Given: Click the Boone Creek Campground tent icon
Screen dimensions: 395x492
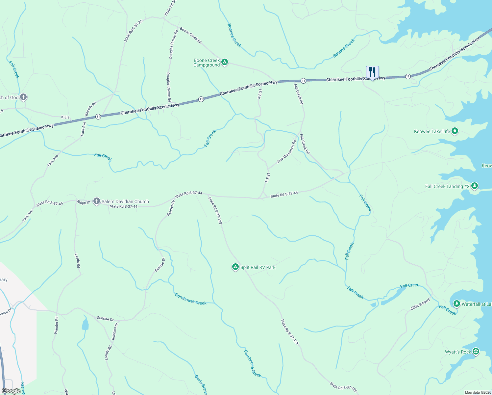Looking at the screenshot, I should pyautogui.click(x=225, y=62).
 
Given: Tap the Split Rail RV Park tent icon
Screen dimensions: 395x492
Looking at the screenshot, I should pyautogui.click(x=235, y=267).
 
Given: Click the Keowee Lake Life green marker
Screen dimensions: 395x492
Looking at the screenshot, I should pyautogui.click(x=455, y=131).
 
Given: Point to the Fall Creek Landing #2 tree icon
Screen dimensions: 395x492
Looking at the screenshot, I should pyautogui.click(x=474, y=186).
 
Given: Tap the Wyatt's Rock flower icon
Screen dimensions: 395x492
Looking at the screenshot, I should pyautogui.click(x=476, y=352).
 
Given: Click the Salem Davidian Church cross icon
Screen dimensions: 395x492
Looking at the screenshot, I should pyautogui.click(x=96, y=201).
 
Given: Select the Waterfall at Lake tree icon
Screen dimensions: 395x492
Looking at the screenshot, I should pyautogui.click(x=456, y=303).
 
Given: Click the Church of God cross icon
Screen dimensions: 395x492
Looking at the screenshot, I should pyautogui.click(x=23, y=97).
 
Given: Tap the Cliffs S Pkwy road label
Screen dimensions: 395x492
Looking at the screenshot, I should pyautogui.click(x=420, y=304).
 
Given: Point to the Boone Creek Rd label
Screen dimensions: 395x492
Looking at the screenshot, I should pyautogui.click(x=191, y=36).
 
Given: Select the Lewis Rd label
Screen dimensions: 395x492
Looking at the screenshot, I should pyautogui.click(x=77, y=260).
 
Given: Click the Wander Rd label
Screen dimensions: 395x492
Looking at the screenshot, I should pyautogui.click(x=57, y=325).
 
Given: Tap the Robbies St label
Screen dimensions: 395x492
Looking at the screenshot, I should pyautogui.click(x=114, y=331).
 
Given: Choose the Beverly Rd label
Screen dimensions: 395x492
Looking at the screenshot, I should pyautogui.click(x=90, y=109).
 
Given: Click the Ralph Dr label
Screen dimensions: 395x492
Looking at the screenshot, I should pyautogui.click(x=84, y=202).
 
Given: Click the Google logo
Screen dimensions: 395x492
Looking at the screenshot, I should pyautogui.click(x=11, y=391).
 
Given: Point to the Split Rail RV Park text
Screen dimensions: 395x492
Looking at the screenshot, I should pyautogui.click(x=258, y=267).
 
